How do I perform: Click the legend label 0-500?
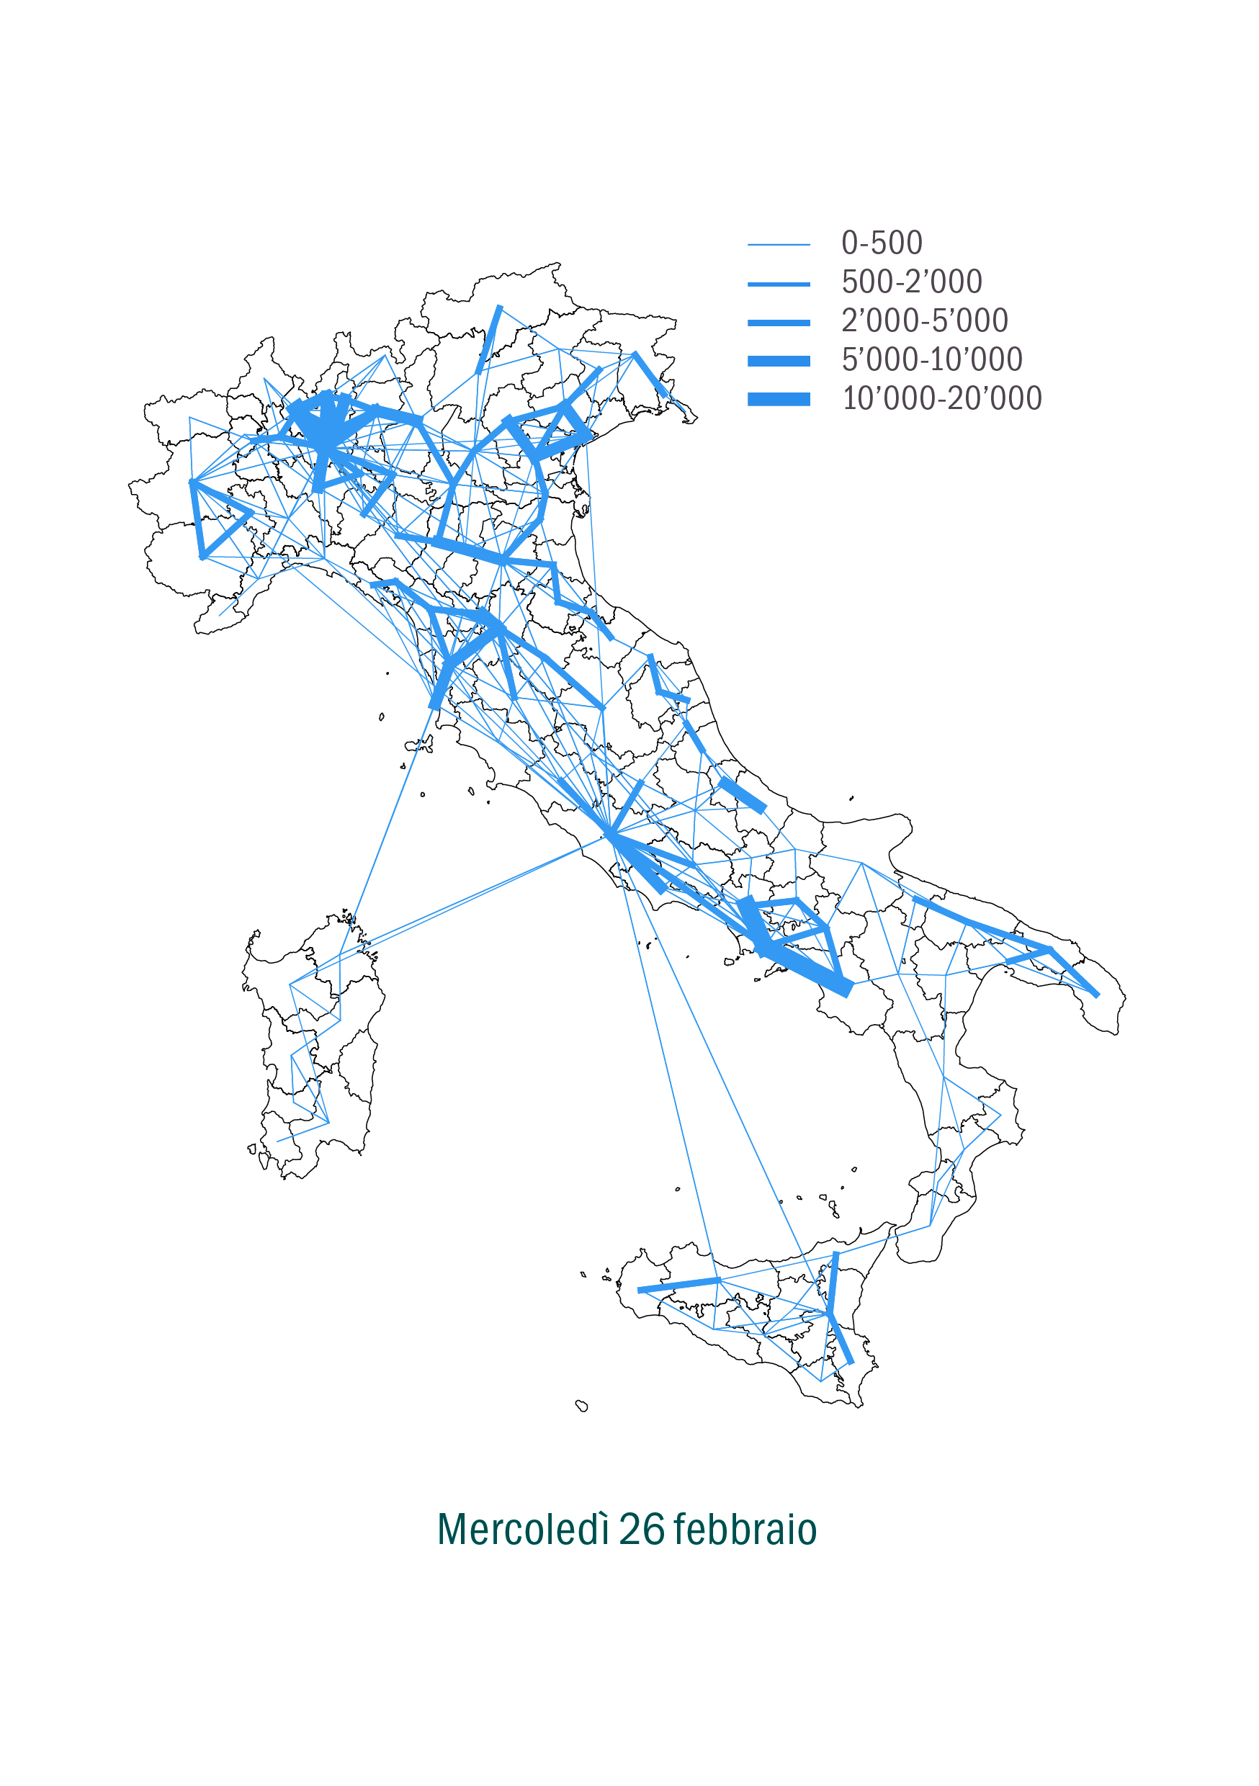click(881, 243)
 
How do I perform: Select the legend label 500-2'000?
click(911, 282)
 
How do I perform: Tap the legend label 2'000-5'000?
click(924, 321)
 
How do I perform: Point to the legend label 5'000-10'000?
click(931, 360)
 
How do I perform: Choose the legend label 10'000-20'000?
click(941, 399)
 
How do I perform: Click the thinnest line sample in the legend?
click(778, 245)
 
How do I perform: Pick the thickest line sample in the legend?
click(778, 399)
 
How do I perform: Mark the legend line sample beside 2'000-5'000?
click(778, 323)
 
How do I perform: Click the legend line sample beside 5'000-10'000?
click(778, 361)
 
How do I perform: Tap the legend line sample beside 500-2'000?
click(778, 284)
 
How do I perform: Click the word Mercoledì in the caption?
click(522, 1530)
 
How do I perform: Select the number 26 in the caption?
click(642, 1530)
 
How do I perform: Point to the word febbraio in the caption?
click(745, 1530)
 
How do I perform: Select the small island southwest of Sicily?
click(581, 1406)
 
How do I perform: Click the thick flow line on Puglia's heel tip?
click(1074, 971)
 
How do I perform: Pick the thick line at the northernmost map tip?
click(490, 339)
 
